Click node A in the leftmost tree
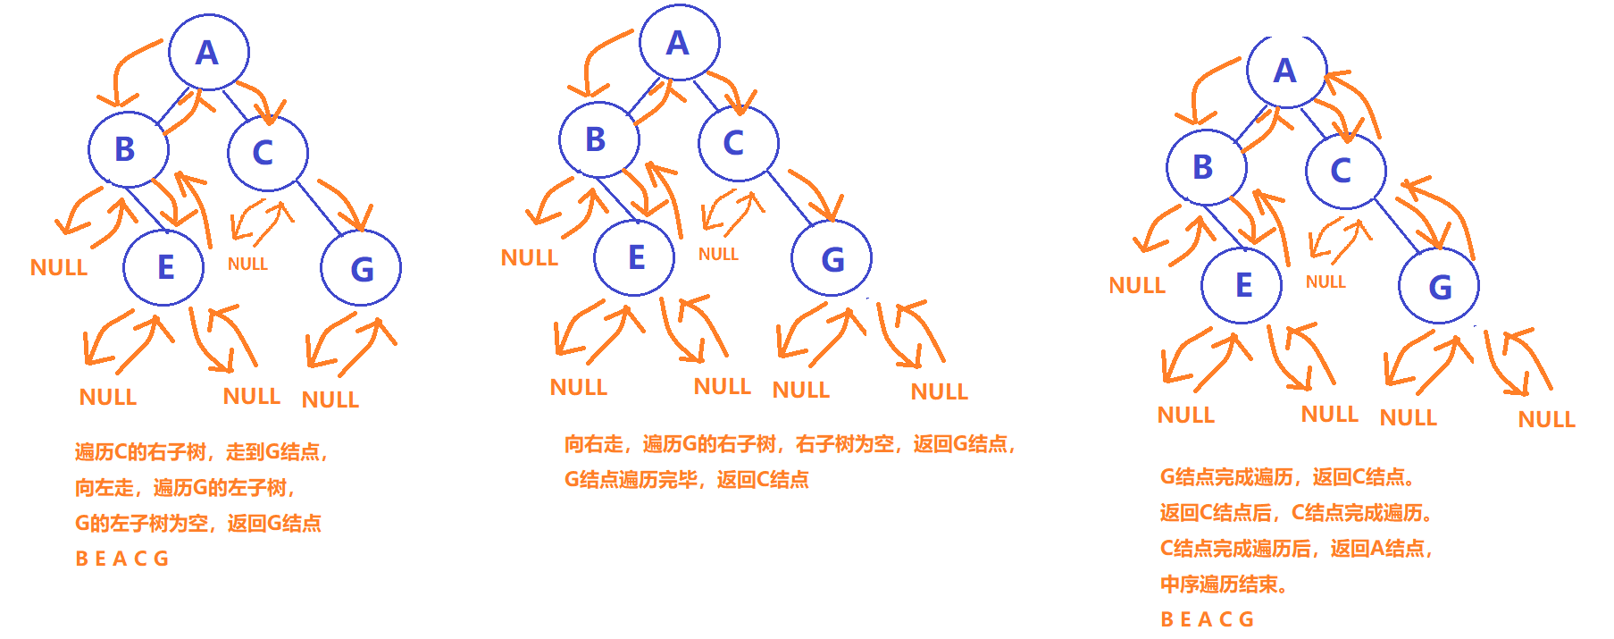tap(208, 53)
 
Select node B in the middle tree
tap(598, 139)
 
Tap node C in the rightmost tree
tap(1343, 170)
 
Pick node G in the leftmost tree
tap(361, 268)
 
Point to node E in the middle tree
tap(634, 257)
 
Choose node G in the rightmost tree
tap(1439, 287)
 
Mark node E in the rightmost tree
tap(1242, 285)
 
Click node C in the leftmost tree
tap(266, 152)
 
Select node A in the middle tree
tap(679, 43)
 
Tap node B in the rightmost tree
tap(1205, 167)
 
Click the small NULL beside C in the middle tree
tap(718, 255)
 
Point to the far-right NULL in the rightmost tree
tap(1546, 419)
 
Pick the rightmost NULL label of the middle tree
tap(939, 391)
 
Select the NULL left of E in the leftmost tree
tap(59, 267)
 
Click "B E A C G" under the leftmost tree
tap(121, 559)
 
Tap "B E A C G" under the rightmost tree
tap(1207, 619)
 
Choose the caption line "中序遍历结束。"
tap(1224, 584)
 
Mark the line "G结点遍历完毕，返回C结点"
tap(686, 480)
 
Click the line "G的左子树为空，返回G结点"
tap(197, 523)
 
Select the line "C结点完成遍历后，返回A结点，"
tap(1296, 549)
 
